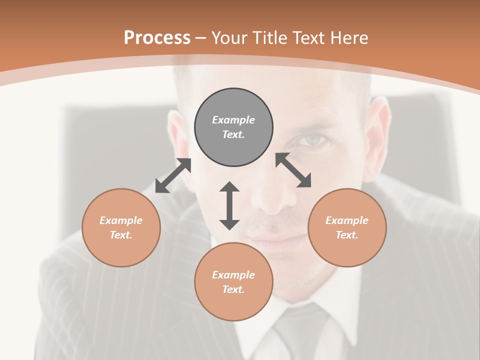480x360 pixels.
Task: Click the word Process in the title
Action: click(x=157, y=38)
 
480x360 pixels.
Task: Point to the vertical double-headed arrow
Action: click(x=229, y=205)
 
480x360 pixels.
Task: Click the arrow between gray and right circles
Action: click(x=293, y=170)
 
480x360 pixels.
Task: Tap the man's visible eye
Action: click(x=313, y=141)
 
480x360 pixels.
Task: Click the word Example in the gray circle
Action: click(x=233, y=120)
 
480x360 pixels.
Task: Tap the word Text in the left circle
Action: click(x=121, y=235)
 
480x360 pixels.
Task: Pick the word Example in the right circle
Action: click(x=347, y=220)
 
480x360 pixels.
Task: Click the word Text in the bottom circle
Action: click(x=233, y=289)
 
